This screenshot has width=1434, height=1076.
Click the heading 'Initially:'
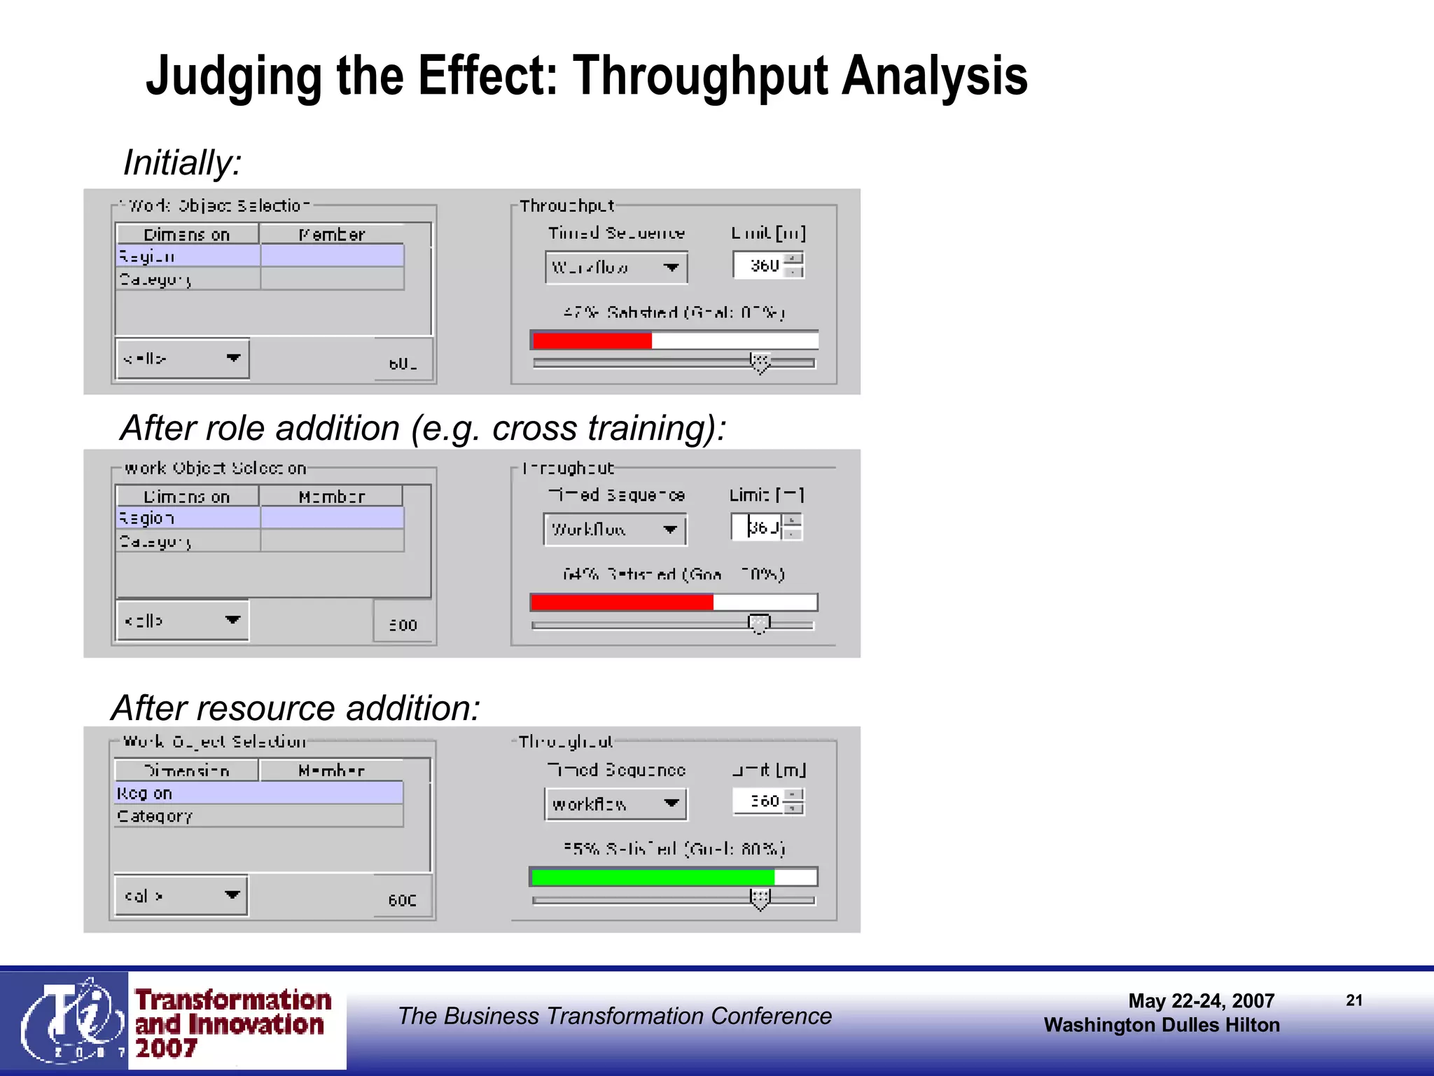pos(182,163)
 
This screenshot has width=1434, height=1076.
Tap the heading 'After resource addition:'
pos(295,708)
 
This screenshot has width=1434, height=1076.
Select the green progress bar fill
pos(653,877)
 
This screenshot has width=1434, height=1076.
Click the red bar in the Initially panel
pos(592,341)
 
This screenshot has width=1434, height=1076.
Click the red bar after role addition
pos(622,602)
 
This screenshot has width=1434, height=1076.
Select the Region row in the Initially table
pos(259,256)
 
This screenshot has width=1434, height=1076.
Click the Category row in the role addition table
pos(259,541)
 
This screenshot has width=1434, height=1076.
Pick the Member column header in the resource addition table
pos(331,771)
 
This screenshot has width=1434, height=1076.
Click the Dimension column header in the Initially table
pos(187,234)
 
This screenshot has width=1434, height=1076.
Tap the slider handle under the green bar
pos(760,899)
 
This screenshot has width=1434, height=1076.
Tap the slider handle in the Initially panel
pos(760,362)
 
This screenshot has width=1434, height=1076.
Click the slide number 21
pos(1354,1000)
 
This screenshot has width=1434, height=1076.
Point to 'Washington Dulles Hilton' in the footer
pos(1162,1025)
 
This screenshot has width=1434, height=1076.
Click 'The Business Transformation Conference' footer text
pos(615,1016)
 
